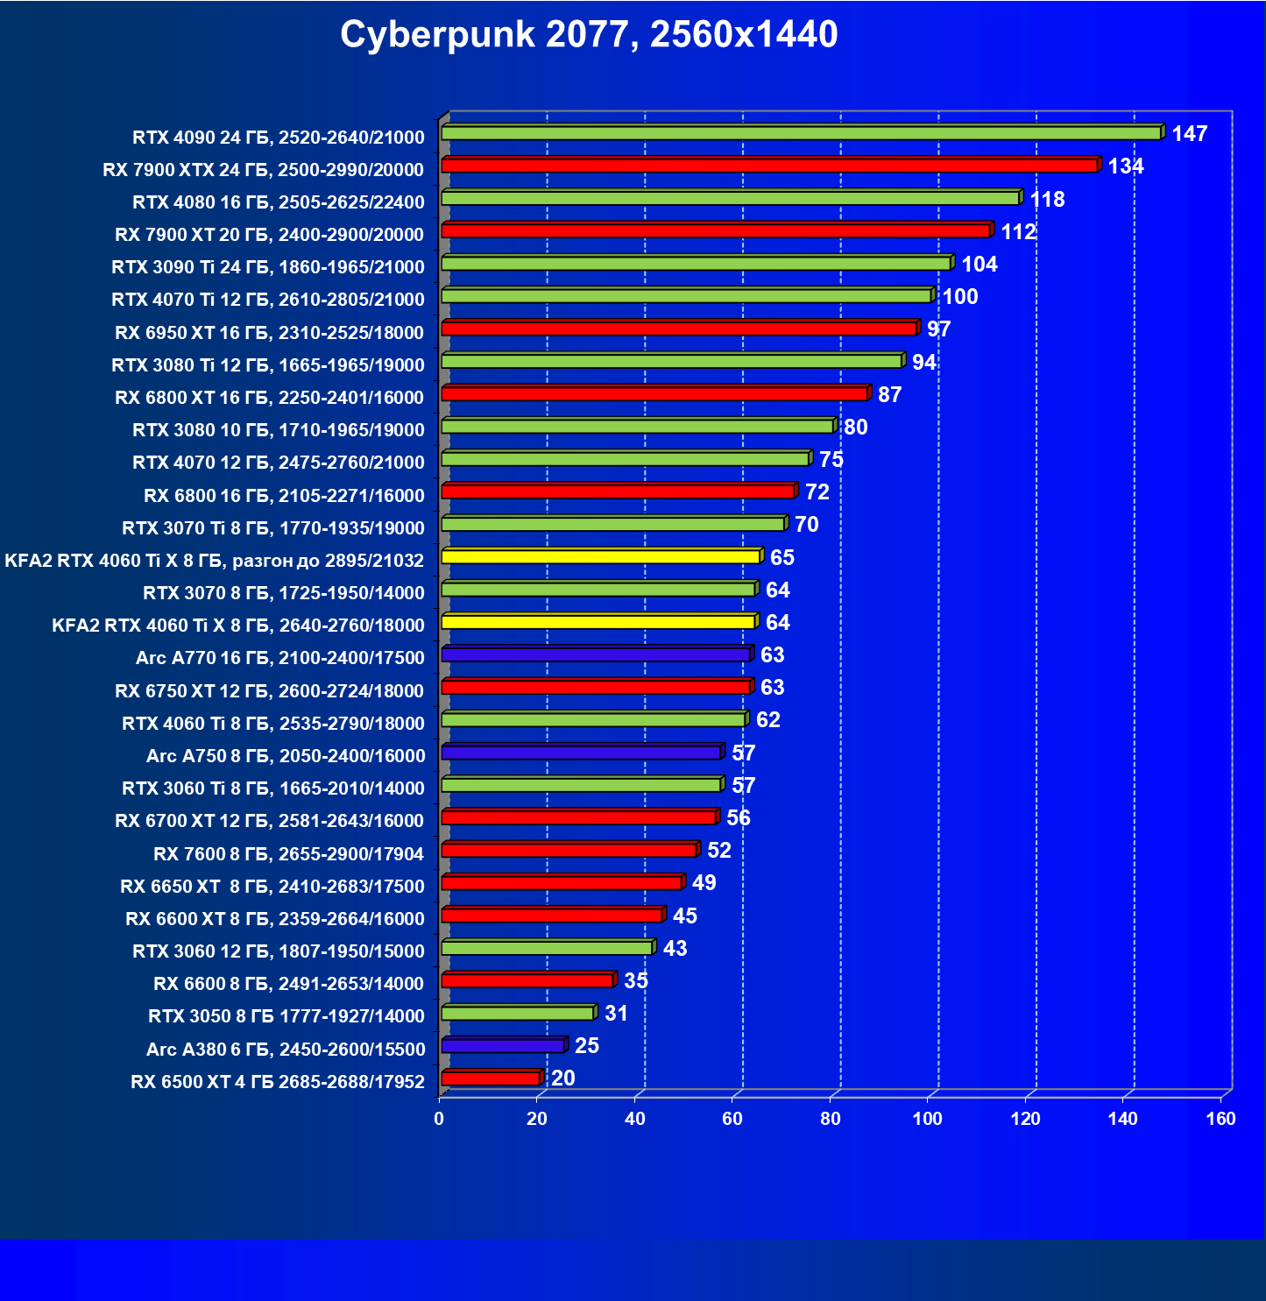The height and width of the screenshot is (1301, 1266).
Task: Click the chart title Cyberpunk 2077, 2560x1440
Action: [x=589, y=35]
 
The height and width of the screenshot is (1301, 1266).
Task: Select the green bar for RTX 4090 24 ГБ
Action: [x=801, y=133]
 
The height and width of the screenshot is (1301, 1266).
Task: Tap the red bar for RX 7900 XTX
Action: [x=769, y=166]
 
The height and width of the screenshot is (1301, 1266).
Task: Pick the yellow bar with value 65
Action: [x=600, y=556]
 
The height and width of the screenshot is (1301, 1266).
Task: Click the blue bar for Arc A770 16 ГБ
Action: [x=596, y=654]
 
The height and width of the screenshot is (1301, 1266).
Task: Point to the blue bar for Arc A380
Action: [x=503, y=1045]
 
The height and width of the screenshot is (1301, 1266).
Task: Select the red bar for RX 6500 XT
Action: [x=491, y=1078]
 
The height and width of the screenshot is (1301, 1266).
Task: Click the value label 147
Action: [x=1189, y=134]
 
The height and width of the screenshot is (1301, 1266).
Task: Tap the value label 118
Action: [x=1047, y=200]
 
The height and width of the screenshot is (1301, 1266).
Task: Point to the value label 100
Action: [x=960, y=297]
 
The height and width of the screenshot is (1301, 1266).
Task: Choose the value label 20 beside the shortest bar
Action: [x=563, y=1078]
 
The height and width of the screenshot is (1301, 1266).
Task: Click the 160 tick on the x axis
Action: [x=1220, y=1119]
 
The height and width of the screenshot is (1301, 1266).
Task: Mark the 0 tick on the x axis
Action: [x=439, y=1119]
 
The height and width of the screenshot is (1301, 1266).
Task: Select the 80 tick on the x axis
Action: [x=830, y=1119]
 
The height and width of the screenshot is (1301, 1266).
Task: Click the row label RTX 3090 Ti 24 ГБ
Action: [x=268, y=267]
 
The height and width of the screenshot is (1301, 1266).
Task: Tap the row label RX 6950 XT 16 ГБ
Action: [x=269, y=333]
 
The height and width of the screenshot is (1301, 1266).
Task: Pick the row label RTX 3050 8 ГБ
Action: [x=286, y=1016]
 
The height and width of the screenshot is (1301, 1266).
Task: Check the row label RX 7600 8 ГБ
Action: [x=288, y=854]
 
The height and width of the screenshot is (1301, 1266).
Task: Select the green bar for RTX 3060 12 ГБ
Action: [x=547, y=948]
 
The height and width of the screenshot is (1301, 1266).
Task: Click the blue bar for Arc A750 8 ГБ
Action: [x=581, y=753]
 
